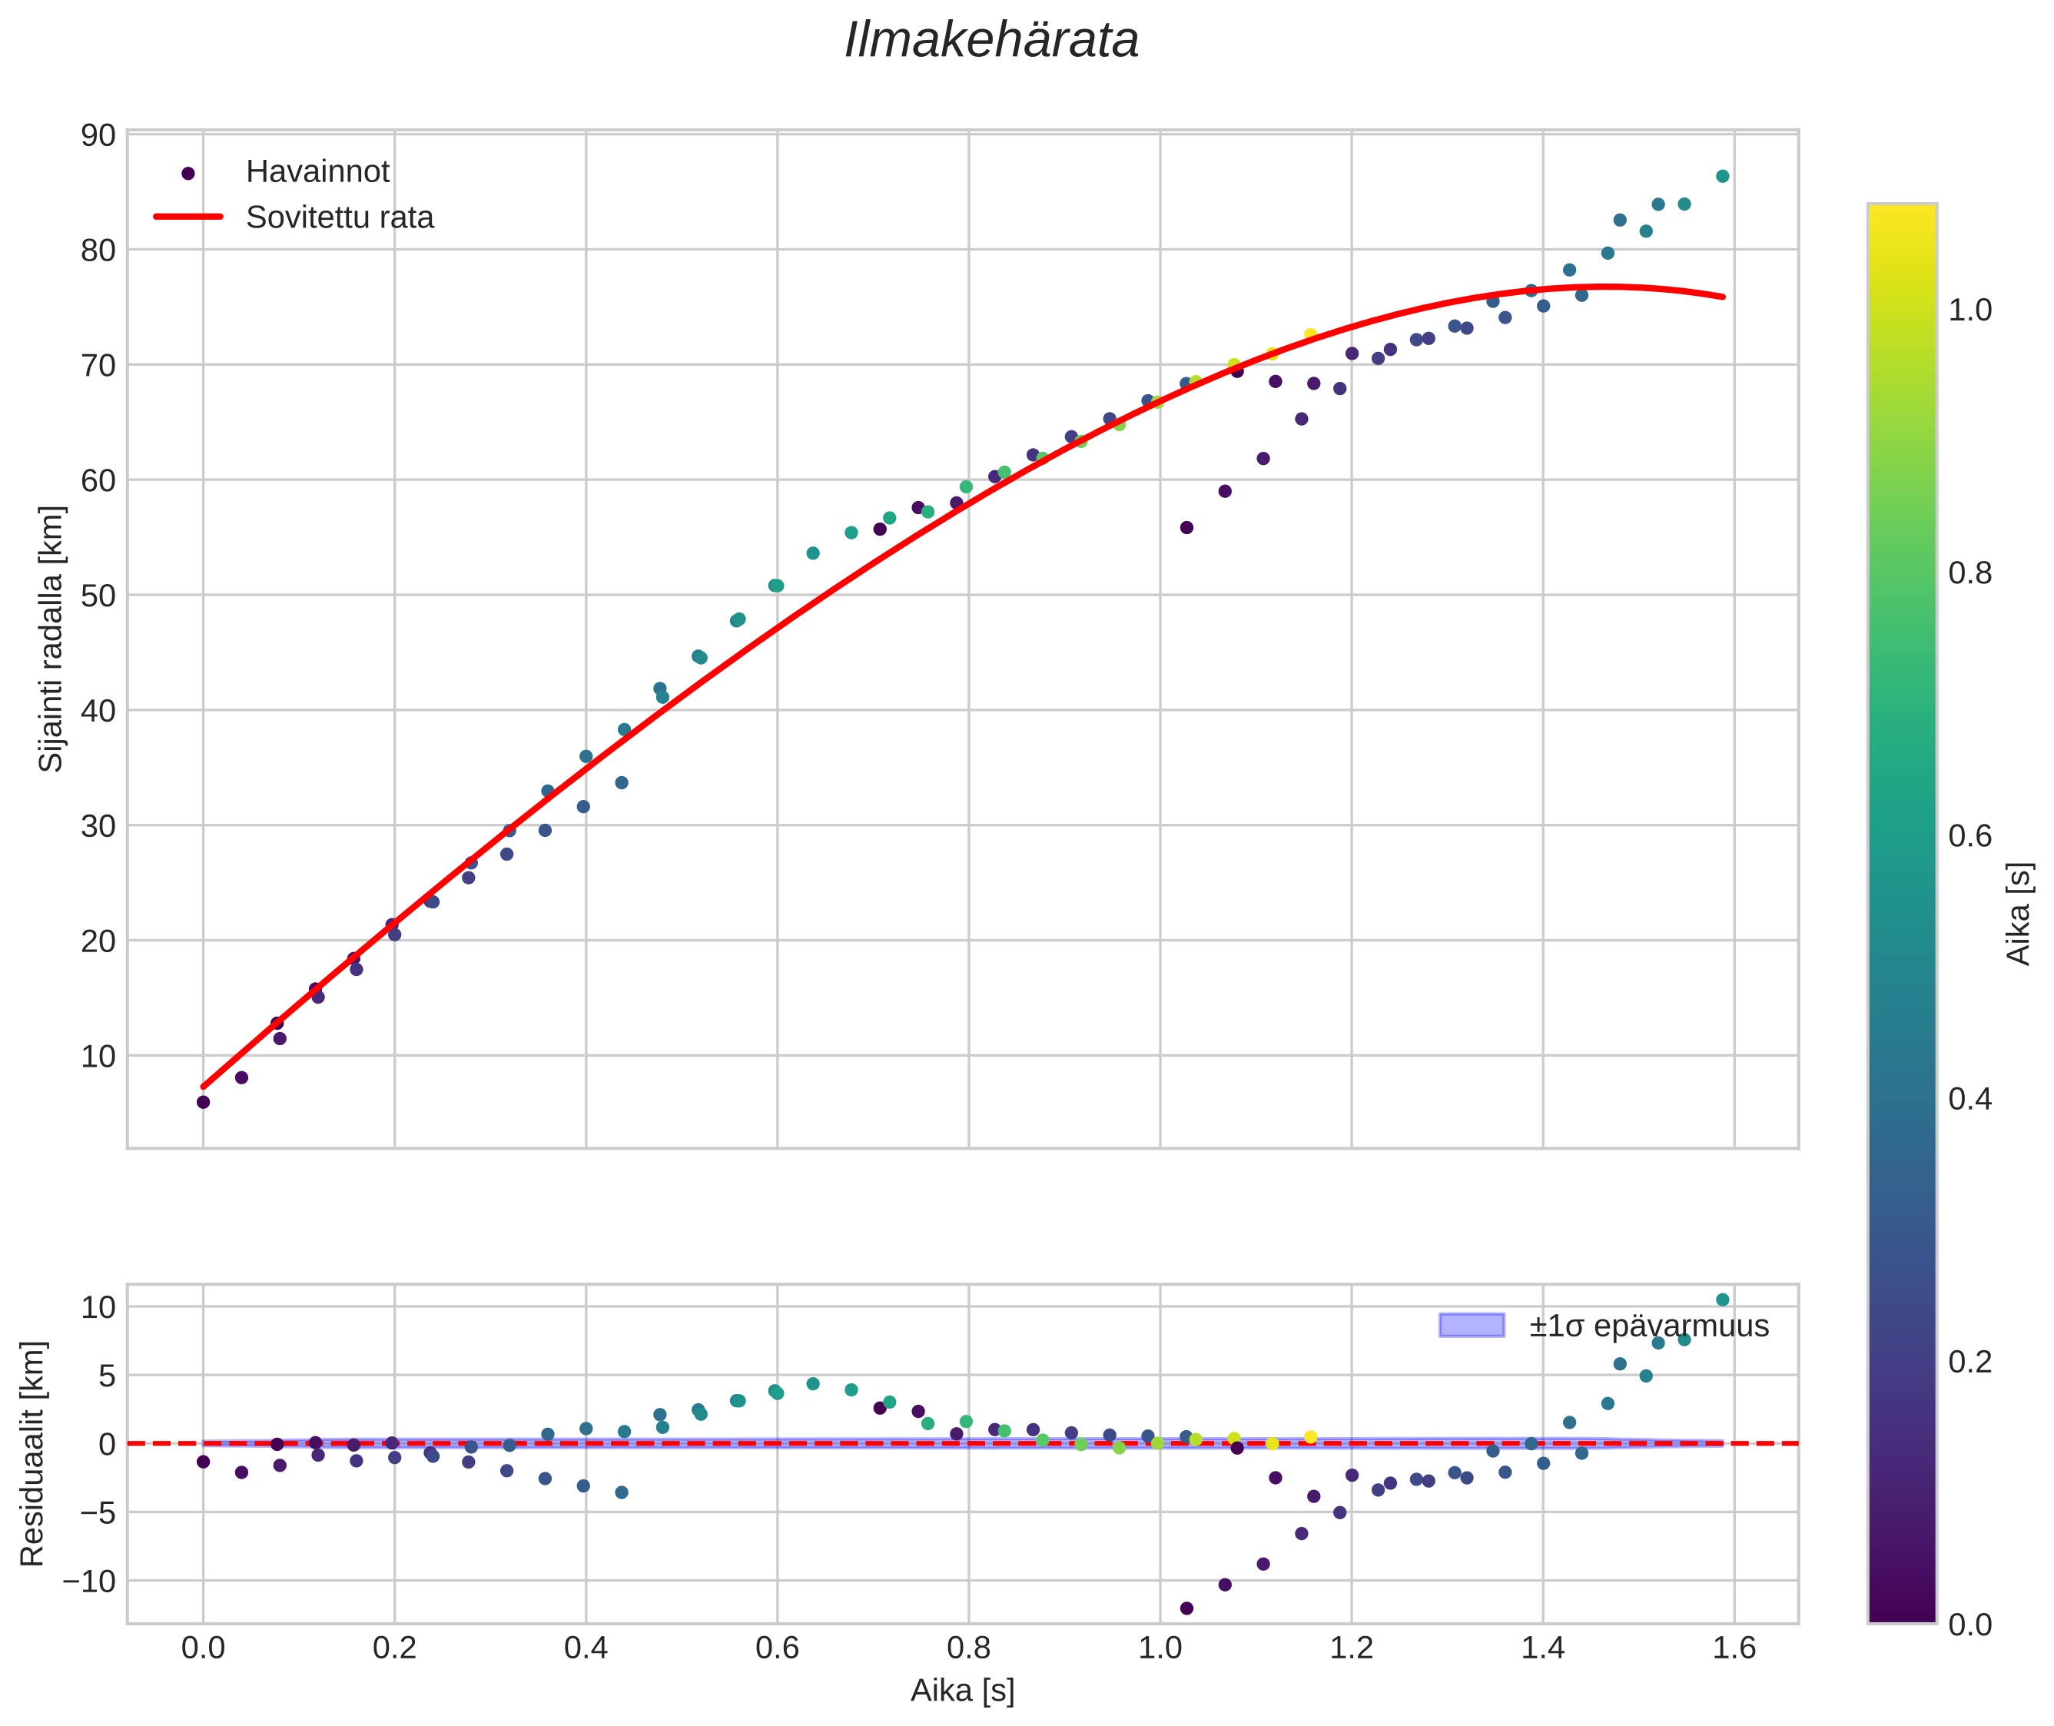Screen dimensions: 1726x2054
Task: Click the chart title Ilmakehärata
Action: (991, 41)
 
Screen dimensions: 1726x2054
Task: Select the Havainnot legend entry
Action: (317, 172)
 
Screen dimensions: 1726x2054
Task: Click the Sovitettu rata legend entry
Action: (340, 217)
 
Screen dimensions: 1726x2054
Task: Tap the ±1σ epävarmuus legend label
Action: (1649, 1326)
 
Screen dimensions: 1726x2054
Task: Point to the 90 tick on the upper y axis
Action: (98, 135)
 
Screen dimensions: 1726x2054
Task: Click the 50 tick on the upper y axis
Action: (98, 596)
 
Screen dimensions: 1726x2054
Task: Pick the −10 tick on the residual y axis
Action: (89, 1582)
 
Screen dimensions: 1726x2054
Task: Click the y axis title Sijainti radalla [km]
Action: (51, 639)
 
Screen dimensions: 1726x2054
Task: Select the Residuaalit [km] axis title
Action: (32, 1454)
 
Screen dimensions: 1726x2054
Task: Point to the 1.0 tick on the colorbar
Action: (1969, 310)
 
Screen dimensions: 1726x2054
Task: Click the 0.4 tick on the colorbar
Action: (1969, 1099)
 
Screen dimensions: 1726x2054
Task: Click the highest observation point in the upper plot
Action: (1722, 176)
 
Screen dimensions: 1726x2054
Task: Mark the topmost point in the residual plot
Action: (1722, 1300)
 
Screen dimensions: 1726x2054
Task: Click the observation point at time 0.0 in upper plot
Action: (204, 1103)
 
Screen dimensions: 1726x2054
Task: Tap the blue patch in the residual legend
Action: (1471, 1326)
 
